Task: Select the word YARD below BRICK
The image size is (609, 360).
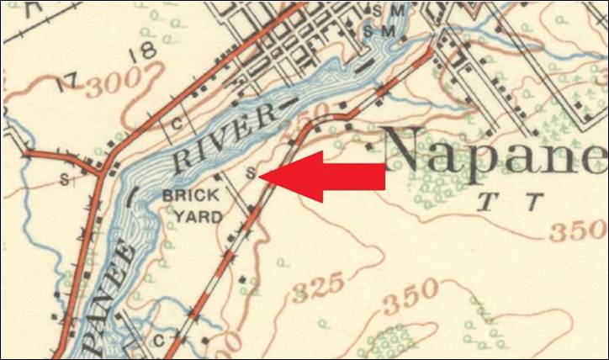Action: (199, 216)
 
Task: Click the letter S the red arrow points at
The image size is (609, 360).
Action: (250, 173)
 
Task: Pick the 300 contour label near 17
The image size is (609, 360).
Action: (108, 82)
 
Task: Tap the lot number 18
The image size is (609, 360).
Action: (144, 52)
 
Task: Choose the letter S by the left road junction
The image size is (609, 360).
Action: (64, 180)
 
